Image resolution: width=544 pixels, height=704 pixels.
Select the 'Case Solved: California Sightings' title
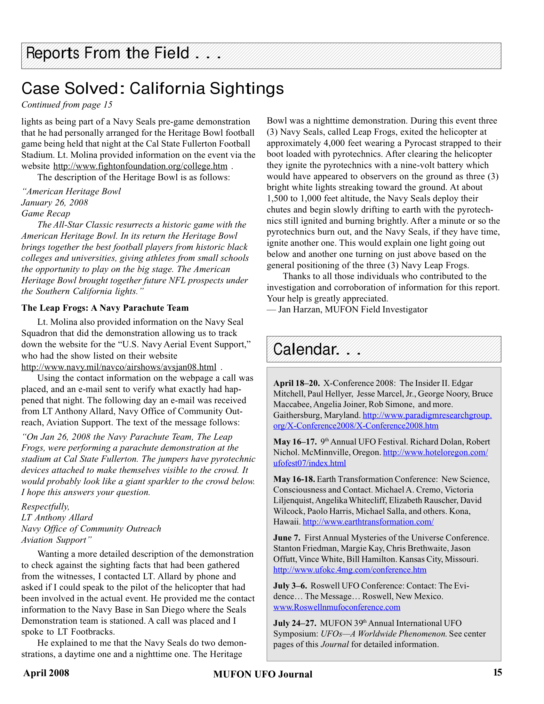[x=152, y=89]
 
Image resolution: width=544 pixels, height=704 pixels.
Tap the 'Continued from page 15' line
[x=67, y=105]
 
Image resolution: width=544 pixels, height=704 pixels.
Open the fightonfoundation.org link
[x=140, y=166]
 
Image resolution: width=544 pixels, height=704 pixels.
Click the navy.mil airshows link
[x=119, y=367]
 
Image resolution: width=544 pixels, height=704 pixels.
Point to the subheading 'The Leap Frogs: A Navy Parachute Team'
[x=105, y=308]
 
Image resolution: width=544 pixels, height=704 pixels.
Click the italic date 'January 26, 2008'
[x=54, y=203]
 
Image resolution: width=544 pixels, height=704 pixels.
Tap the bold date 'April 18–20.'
[x=296, y=383]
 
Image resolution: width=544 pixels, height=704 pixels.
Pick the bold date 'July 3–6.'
[x=290, y=586]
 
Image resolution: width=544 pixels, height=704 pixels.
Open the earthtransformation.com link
[x=368, y=522]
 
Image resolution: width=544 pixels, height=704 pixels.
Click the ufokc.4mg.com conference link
[x=350, y=570]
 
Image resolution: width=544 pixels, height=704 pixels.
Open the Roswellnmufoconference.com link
[x=337, y=607]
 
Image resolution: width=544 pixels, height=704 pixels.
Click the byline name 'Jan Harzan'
[x=300, y=310]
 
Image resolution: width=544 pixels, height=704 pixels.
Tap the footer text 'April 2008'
[x=46, y=673]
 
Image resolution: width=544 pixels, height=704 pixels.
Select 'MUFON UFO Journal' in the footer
[x=263, y=674]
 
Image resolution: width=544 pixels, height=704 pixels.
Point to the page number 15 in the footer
[x=497, y=672]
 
